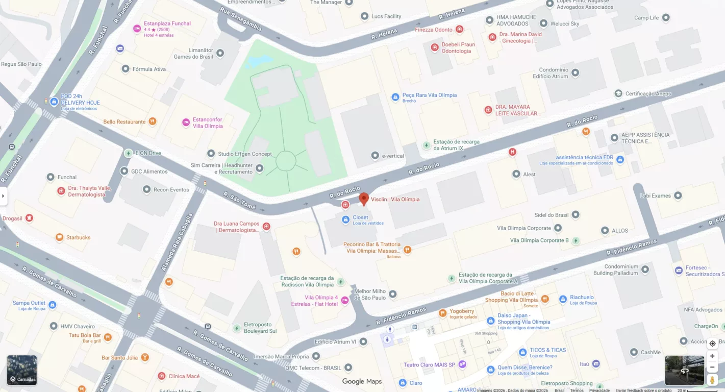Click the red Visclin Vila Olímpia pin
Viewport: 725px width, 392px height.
[364, 199]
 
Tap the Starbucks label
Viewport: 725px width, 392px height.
[78, 237]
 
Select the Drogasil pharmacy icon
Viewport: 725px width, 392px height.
[29, 218]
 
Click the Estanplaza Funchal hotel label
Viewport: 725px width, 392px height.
[167, 23]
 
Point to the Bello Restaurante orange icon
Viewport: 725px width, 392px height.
[152, 121]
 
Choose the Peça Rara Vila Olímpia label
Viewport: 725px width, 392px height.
[429, 95]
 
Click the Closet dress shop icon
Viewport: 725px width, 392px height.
[345, 219]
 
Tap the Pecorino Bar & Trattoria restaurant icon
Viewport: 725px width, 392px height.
[407, 250]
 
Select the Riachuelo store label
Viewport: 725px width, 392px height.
[582, 297]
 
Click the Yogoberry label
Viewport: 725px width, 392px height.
[462, 311]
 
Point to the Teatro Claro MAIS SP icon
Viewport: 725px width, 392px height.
[462, 364]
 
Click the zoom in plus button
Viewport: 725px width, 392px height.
[712, 356]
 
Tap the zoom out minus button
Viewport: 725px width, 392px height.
[712, 367]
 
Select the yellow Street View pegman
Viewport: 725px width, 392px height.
[712, 380]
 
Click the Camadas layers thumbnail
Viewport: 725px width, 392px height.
[22, 370]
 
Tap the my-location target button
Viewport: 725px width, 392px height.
[712, 344]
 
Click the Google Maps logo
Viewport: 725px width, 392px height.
[362, 381]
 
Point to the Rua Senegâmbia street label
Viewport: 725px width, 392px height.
[241, 19]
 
